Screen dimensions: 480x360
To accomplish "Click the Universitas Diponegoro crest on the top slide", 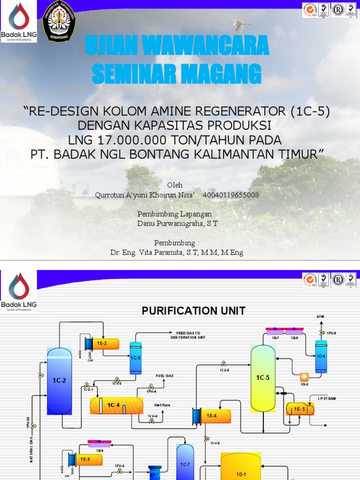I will (59, 21).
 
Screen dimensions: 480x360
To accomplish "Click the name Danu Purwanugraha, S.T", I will (177, 224).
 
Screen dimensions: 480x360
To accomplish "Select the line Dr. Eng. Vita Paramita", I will (177, 253).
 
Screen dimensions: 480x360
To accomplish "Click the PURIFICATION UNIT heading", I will (194, 310).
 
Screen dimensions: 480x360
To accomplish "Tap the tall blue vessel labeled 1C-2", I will (59, 381).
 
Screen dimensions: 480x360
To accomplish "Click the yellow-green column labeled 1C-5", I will (263, 378).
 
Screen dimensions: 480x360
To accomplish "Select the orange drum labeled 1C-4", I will (116, 405).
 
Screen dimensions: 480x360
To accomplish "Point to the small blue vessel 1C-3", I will (135, 358).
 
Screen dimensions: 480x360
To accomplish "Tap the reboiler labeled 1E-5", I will (300, 409).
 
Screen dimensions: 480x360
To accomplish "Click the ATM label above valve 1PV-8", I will (320, 317).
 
